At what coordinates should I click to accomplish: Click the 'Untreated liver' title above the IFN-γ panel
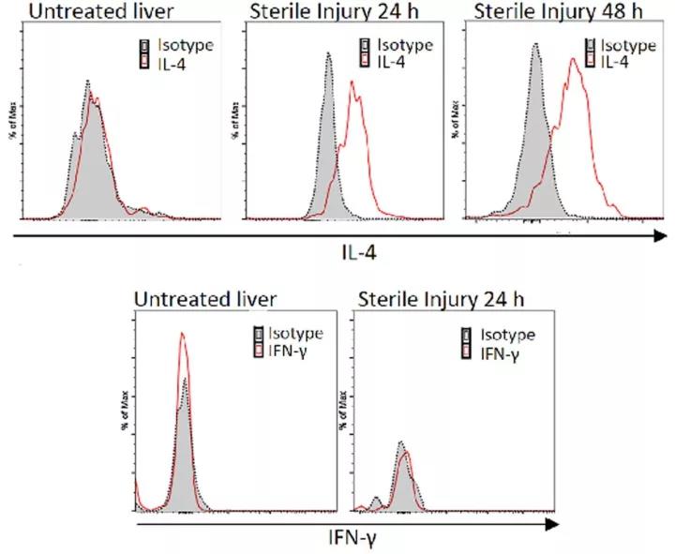click(x=205, y=300)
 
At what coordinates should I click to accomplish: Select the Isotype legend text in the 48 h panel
click(x=628, y=43)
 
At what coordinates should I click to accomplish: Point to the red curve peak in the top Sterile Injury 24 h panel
click(x=352, y=82)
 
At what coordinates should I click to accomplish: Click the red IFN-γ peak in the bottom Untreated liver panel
click(x=183, y=333)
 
